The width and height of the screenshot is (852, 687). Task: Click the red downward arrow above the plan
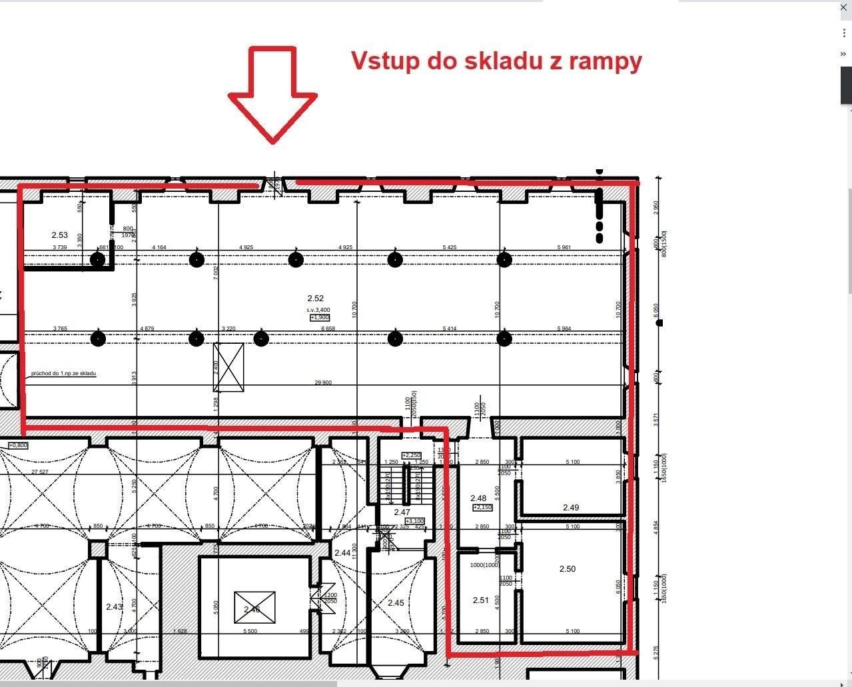[272, 93]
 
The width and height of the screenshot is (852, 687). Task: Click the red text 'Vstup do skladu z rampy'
[496, 61]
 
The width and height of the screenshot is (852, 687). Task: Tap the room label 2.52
[315, 299]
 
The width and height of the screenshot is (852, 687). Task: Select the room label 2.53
[60, 235]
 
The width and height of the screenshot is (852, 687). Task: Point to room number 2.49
[571, 508]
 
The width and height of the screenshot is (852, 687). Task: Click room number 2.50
[568, 569]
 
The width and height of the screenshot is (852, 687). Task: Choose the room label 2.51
[481, 600]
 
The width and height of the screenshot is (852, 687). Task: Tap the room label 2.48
[478, 498]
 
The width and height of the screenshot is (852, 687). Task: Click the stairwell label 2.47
[402, 512]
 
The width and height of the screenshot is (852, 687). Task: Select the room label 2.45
[396, 603]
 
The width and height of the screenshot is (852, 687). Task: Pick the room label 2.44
[342, 553]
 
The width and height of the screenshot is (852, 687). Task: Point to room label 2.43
[114, 607]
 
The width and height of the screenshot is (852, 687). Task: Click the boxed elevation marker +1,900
[320, 318]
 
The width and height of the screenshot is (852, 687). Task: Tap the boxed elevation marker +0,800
[18, 445]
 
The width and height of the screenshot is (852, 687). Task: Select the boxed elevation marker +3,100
[414, 521]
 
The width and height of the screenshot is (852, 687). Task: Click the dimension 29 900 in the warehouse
[323, 382]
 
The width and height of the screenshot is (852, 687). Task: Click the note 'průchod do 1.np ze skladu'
[63, 374]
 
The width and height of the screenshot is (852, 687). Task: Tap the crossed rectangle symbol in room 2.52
[228, 367]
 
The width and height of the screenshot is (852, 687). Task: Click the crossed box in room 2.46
[254, 608]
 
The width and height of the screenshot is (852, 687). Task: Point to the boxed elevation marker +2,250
[411, 455]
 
